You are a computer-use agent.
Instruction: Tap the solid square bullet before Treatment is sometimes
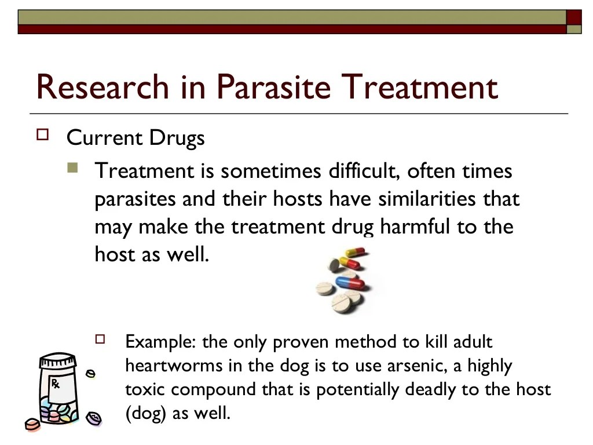tap(72, 169)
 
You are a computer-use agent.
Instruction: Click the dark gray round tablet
tap(335, 265)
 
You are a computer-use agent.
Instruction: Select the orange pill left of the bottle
tap(32, 425)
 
